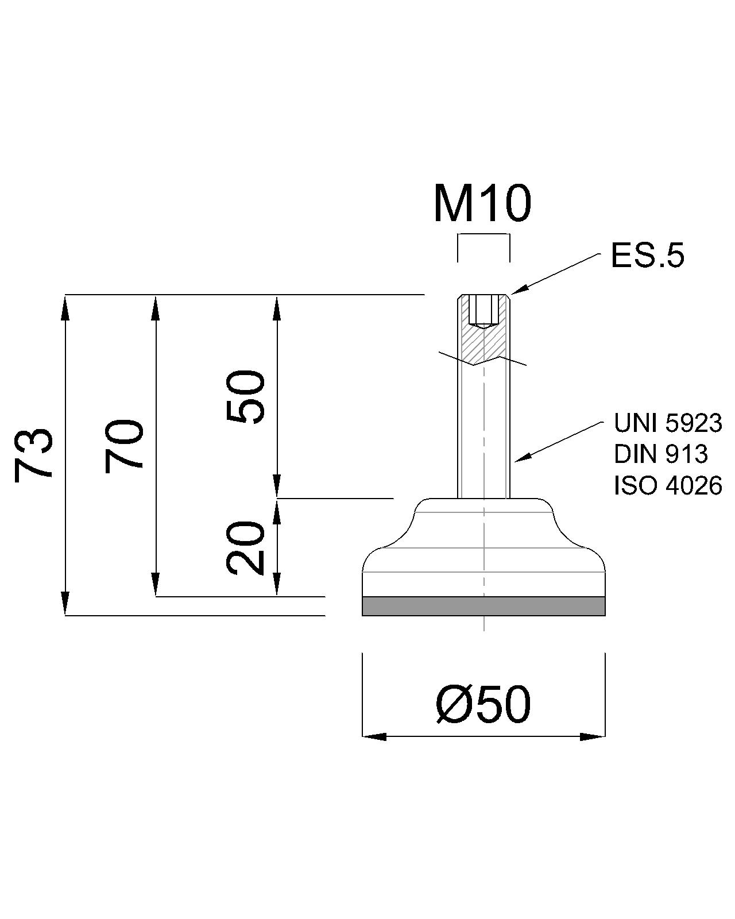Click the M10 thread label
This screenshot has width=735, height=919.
pyautogui.click(x=482, y=204)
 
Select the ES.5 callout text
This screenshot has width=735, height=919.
pyautogui.click(x=648, y=256)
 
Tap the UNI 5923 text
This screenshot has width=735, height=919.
pyautogui.click(x=668, y=423)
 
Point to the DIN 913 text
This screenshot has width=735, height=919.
pyautogui.click(x=661, y=454)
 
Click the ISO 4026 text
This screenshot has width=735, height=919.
pyautogui.click(x=668, y=485)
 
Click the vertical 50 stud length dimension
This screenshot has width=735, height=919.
pyautogui.click(x=245, y=397)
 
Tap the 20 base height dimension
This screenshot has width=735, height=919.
pyautogui.click(x=245, y=548)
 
